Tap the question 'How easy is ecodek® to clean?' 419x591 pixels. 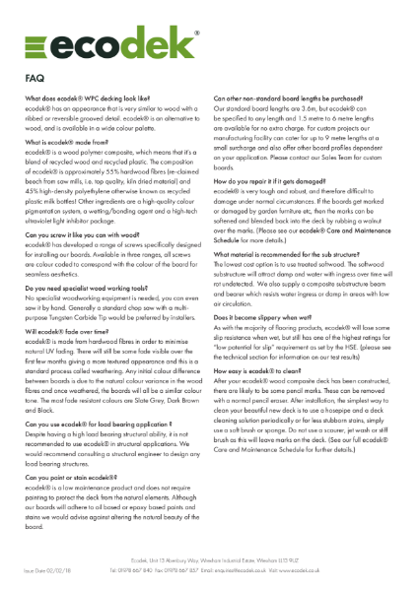(x=262, y=369)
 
